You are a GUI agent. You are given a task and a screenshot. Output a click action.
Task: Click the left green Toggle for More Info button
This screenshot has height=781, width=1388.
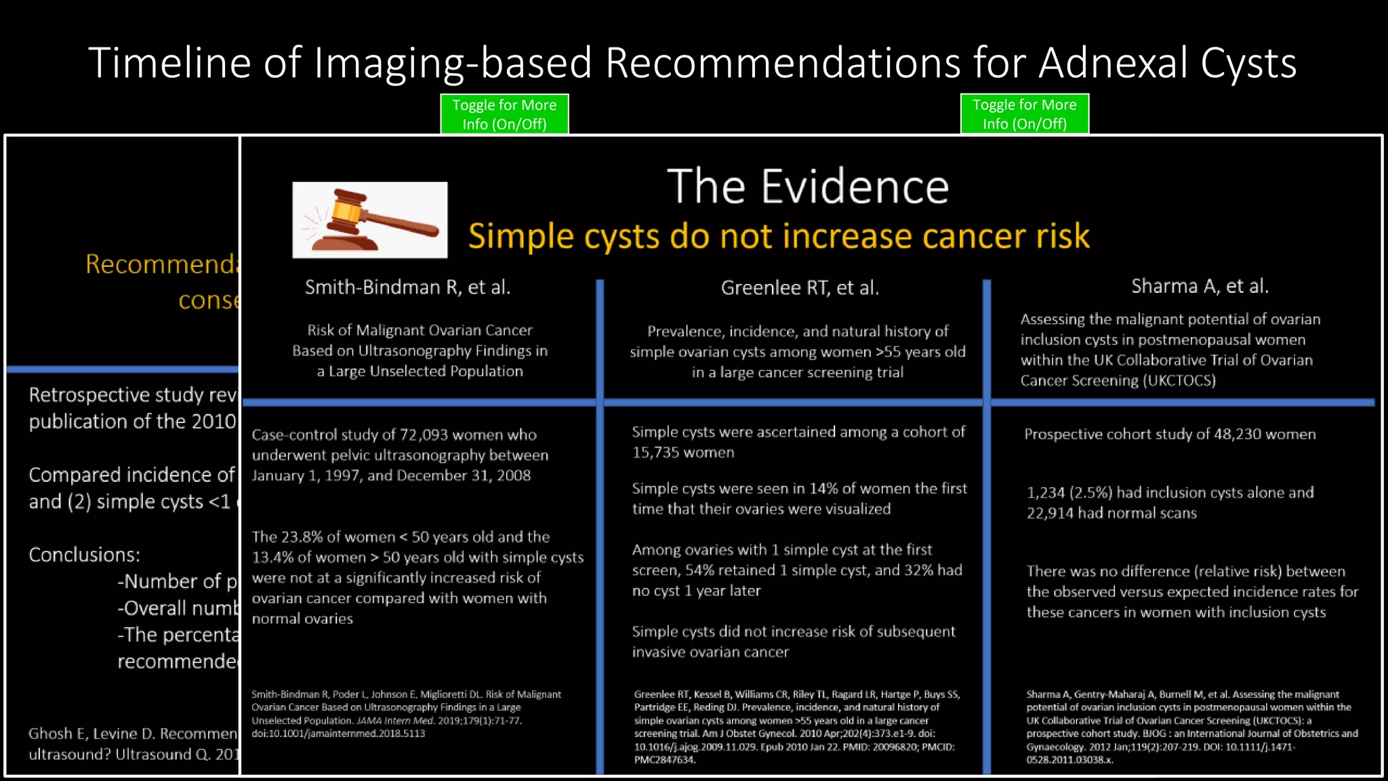[x=504, y=114]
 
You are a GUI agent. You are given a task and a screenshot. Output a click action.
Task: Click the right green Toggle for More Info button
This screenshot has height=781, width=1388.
[x=1024, y=114]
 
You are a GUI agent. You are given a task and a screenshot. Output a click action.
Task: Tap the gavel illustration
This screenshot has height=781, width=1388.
[x=370, y=220]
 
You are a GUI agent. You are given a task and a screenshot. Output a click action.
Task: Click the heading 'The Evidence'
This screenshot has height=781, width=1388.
[x=808, y=186]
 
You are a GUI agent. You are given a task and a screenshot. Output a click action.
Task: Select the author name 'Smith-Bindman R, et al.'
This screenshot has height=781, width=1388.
[x=407, y=287]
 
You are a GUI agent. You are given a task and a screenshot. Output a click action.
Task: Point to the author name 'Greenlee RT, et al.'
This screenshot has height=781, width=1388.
[x=800, y=288]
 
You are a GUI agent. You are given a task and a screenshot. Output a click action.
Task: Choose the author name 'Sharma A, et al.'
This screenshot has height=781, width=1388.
[x=1200, y=286]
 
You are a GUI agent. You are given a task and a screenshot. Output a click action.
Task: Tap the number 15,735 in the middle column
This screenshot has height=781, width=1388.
[x=657, y=453]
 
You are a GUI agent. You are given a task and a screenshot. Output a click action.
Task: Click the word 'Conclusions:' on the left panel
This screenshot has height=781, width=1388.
[x=84, y=555]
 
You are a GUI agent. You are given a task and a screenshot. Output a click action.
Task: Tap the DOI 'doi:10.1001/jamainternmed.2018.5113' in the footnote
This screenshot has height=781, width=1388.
[x=338, y=734]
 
